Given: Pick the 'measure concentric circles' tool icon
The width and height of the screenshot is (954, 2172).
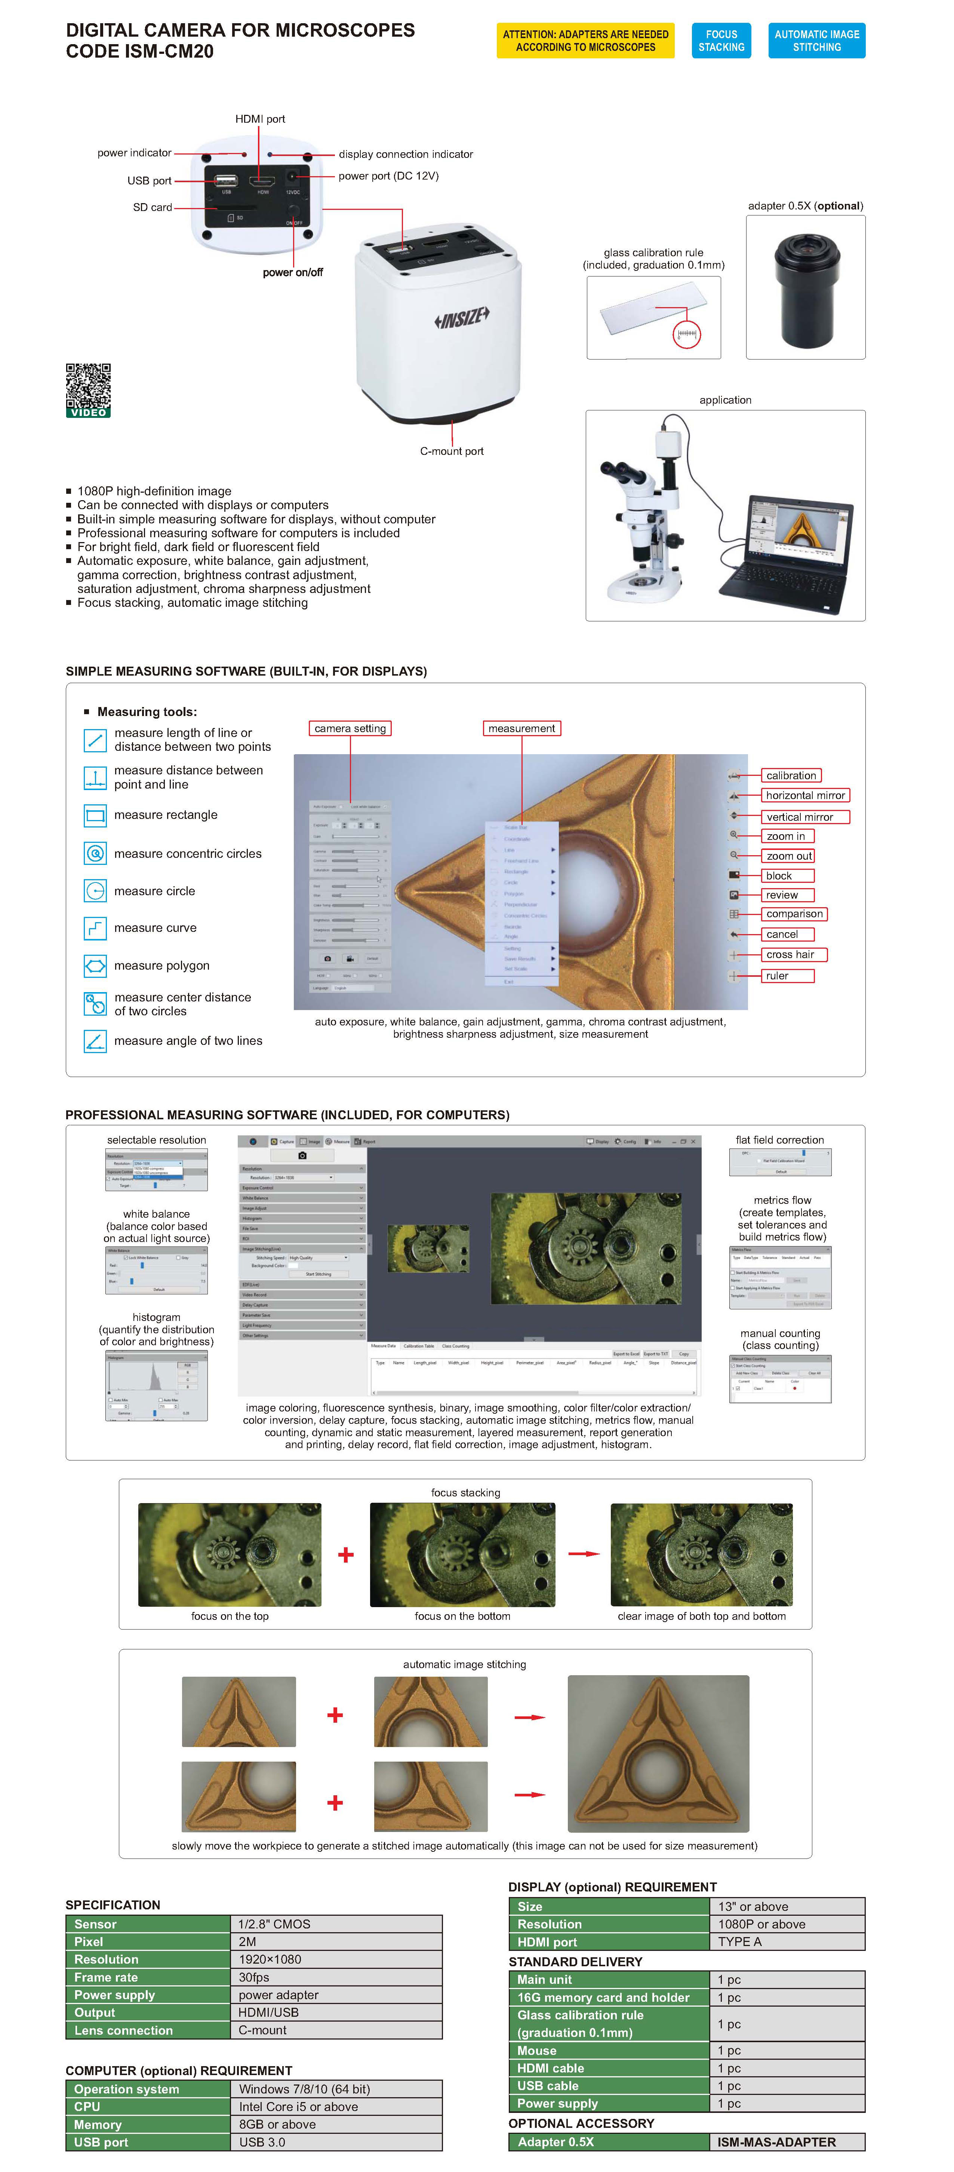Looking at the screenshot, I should pos(95,853).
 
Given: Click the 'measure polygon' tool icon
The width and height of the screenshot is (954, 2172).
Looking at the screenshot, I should pos(95,966).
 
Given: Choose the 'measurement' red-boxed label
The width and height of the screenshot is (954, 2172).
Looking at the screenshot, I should pos(521,728).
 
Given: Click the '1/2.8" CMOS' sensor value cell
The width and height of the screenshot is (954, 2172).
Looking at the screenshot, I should pos(335,1924).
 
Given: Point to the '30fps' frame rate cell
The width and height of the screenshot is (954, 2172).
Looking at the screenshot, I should pos(335,1977).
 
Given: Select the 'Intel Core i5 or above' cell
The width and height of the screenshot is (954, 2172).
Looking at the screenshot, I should pos(335,2106).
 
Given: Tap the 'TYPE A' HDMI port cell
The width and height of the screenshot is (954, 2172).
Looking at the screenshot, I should pos(786,1941).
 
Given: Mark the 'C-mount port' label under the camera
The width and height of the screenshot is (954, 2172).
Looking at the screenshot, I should pos(452,451).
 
